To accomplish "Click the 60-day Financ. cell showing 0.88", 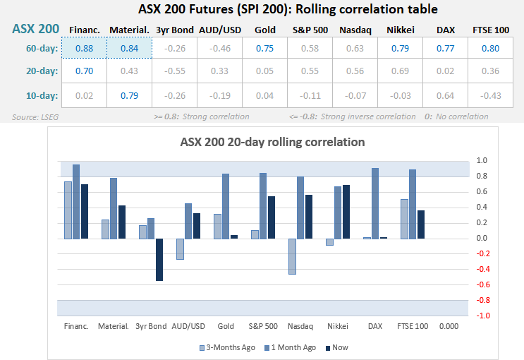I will (83, 49).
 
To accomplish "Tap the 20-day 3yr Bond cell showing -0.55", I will (174, 72).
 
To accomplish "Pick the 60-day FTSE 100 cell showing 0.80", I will (492, 49).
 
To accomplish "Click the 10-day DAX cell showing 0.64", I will (446, 95).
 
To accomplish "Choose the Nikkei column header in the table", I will (401, 30).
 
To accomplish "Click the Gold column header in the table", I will (264, 30).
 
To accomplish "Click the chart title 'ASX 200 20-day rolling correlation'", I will (262, 142).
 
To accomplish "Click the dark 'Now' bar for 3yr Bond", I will (159, 260).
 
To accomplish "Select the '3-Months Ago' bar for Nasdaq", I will (292, 256).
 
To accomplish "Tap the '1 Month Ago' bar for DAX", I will (375, 203).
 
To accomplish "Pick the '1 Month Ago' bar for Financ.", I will (76, 202).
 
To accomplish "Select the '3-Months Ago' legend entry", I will (228, 347).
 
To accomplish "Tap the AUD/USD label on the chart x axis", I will (188, 326).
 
